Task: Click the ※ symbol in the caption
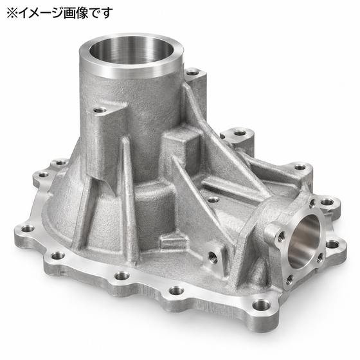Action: tap(12, 13)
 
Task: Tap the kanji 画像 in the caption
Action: tap(76, 13)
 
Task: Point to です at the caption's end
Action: tap(100, 13)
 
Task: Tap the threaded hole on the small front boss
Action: tap(211, 255)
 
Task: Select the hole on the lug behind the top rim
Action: tap(192, 73)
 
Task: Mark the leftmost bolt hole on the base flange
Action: tap(28, 228)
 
